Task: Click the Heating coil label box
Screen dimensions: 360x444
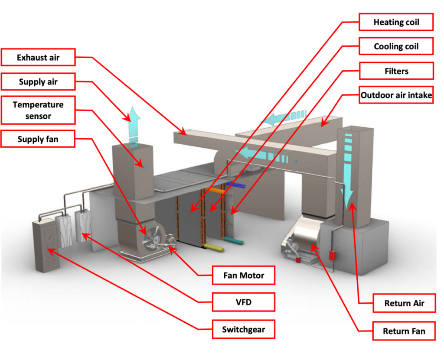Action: coord(396,22)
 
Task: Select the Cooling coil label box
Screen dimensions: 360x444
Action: coord(396,46)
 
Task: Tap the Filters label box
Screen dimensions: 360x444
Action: coord(396,71)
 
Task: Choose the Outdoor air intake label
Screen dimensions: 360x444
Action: coord(396,95)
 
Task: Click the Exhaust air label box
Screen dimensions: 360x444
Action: coord(38,57)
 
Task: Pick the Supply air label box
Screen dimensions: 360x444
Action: coord(38,82)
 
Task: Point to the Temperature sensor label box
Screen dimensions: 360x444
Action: coord(38,110)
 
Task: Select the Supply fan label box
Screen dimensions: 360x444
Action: coord(38,139)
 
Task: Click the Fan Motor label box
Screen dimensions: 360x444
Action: coord(243,275)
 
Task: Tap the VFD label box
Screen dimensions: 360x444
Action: coord(243,302)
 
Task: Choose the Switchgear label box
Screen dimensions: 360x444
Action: coord(243,330)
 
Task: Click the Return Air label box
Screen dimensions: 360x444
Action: coord(404,303)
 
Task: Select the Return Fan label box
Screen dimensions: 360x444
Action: coord(404,331)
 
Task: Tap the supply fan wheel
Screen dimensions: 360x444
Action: coord(153,238)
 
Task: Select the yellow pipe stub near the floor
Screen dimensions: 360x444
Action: coord(213,248)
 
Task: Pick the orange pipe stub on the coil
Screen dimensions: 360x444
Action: coord(215,190)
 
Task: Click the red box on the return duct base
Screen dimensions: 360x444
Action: coord(333,255)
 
